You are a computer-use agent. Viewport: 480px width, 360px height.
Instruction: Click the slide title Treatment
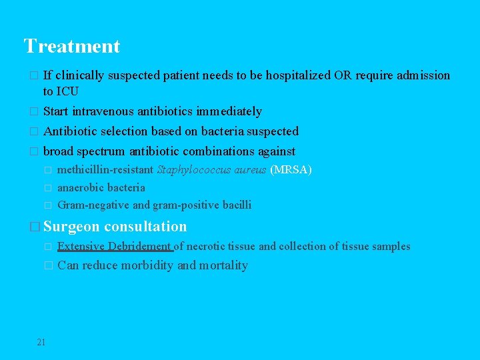coord(72,46)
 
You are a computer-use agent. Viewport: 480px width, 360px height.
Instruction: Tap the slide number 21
coord(41,342)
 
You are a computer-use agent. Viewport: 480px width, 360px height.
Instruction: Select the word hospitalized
coord(297,75)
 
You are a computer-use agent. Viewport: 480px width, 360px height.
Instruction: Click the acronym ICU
coord(68,91)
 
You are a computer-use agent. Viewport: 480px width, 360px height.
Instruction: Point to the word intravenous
coord(103,111)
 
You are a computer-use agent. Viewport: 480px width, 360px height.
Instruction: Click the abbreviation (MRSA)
coord(291,170)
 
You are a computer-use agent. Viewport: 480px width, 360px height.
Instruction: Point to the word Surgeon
coord(72,227)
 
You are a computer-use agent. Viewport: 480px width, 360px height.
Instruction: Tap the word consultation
coord(145,227)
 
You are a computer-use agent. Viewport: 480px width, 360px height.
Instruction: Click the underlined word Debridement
coord(139,246)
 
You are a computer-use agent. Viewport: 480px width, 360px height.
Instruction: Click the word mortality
coord(223,265)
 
